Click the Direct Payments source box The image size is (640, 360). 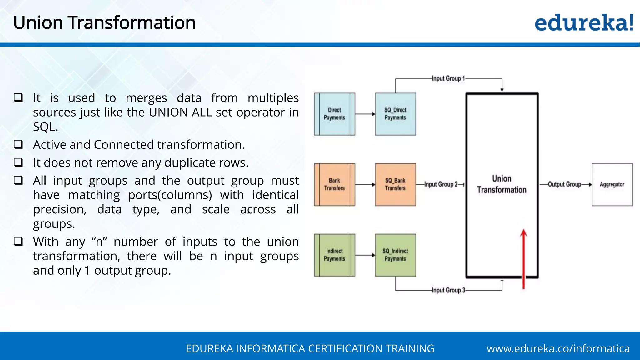334,114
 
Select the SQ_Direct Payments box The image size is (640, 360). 395,114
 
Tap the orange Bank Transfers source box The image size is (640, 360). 334,184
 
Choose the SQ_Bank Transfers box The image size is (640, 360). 395,184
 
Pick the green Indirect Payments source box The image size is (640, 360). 334,255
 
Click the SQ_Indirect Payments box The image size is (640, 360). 395,255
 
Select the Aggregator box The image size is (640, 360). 612,184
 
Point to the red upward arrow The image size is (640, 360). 523,259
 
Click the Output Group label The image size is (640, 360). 564,184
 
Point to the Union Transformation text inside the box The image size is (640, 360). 502,184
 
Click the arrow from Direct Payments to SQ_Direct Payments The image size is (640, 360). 365,114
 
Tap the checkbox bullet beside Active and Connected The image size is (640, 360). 18,144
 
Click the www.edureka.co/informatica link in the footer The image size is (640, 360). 558,348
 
